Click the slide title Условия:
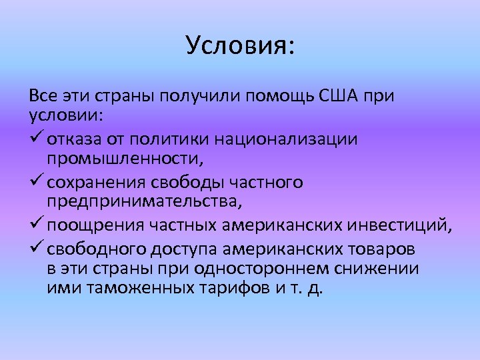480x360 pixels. tap(240, 45)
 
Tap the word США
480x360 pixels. tap(339, 95)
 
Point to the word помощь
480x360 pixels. tap(275, 95)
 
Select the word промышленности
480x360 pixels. tap(125, 160)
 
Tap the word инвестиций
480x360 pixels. tap(402, 225)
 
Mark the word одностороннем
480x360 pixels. tap(273, 269)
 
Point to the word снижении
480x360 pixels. tap(382, 269)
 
